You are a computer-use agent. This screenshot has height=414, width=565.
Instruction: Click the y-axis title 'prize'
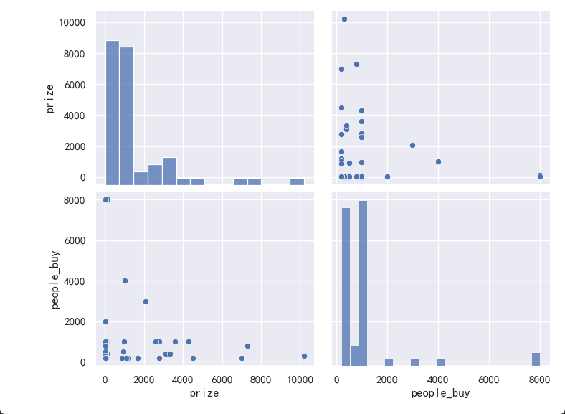click(49, 98)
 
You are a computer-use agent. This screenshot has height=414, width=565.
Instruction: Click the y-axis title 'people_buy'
click(54, 280)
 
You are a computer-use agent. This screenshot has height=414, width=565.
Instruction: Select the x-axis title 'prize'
click(204, 393)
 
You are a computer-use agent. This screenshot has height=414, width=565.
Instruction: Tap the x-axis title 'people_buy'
click(441, 393)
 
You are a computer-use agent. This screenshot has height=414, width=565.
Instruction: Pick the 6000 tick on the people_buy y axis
click(76, 240)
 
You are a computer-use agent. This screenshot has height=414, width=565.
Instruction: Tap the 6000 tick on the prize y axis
click(74, 85)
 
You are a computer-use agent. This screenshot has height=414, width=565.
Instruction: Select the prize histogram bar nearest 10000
click(297, 182)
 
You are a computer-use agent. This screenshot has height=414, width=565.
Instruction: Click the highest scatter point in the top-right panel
click(344, 19)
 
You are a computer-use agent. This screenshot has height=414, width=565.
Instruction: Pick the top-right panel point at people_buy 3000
click(412, 145)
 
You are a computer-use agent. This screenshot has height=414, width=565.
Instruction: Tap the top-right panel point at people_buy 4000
click(438, 161)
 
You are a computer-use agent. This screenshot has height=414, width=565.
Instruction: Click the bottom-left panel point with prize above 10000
click(304, 356)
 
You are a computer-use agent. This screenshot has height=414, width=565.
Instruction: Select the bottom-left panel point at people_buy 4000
click(125, 281)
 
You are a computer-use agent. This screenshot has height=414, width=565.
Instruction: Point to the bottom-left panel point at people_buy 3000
click(146, 301)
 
